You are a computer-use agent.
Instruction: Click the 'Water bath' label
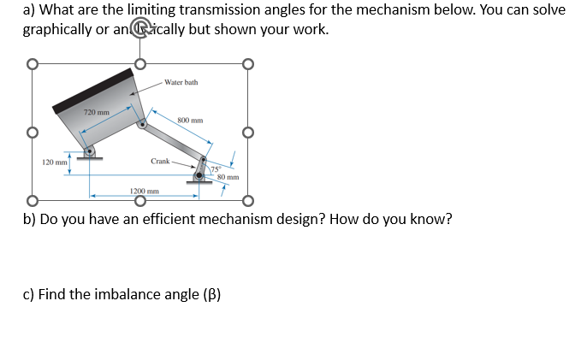[181, 82]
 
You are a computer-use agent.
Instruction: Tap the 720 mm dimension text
[96, 113]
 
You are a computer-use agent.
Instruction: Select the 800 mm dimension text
[190, 121]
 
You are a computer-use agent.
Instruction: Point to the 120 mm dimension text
[54, 162]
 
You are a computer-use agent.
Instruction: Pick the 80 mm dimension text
[227, 177]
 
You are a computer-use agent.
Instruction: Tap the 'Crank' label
[160, 161]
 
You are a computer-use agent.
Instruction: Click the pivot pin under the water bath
[89, 151]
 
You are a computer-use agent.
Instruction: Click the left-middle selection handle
[33, 133]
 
